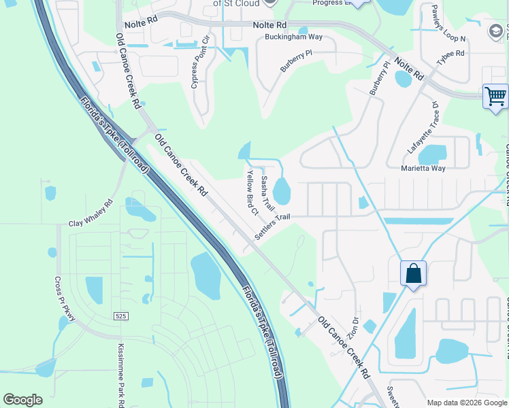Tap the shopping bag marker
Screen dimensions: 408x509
(x=413, y=274)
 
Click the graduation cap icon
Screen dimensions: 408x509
(x=496, y=31)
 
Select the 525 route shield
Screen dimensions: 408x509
(x=121, y=316)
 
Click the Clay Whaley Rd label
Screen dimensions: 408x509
(x=91, y=214)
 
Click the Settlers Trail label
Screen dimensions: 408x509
(x=273, y=226)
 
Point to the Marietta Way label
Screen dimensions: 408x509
(x=423, y=168)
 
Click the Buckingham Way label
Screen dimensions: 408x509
(x=293, y=37)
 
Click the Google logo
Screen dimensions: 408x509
(x=22, y=400)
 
